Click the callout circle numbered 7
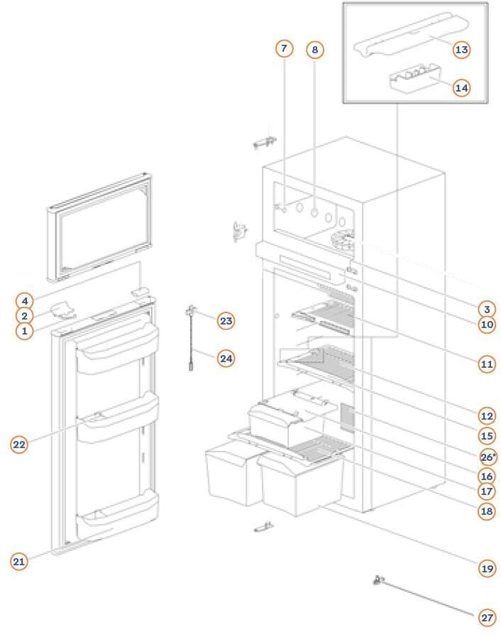pos(284,48)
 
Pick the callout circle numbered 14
pos(461,87)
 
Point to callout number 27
pos(487,617)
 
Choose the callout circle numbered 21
pos(19,561)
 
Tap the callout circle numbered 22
pos(19,445)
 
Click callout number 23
pos(226,321)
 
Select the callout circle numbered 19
pos(487,568)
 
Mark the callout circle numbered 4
pos(24,300)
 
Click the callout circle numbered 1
pos(24,331)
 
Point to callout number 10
pos(487,325)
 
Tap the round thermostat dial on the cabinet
pos(342,242)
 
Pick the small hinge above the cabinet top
pos(263,143)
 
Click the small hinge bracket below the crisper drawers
pos(263,528)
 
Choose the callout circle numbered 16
pos(487,475)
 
